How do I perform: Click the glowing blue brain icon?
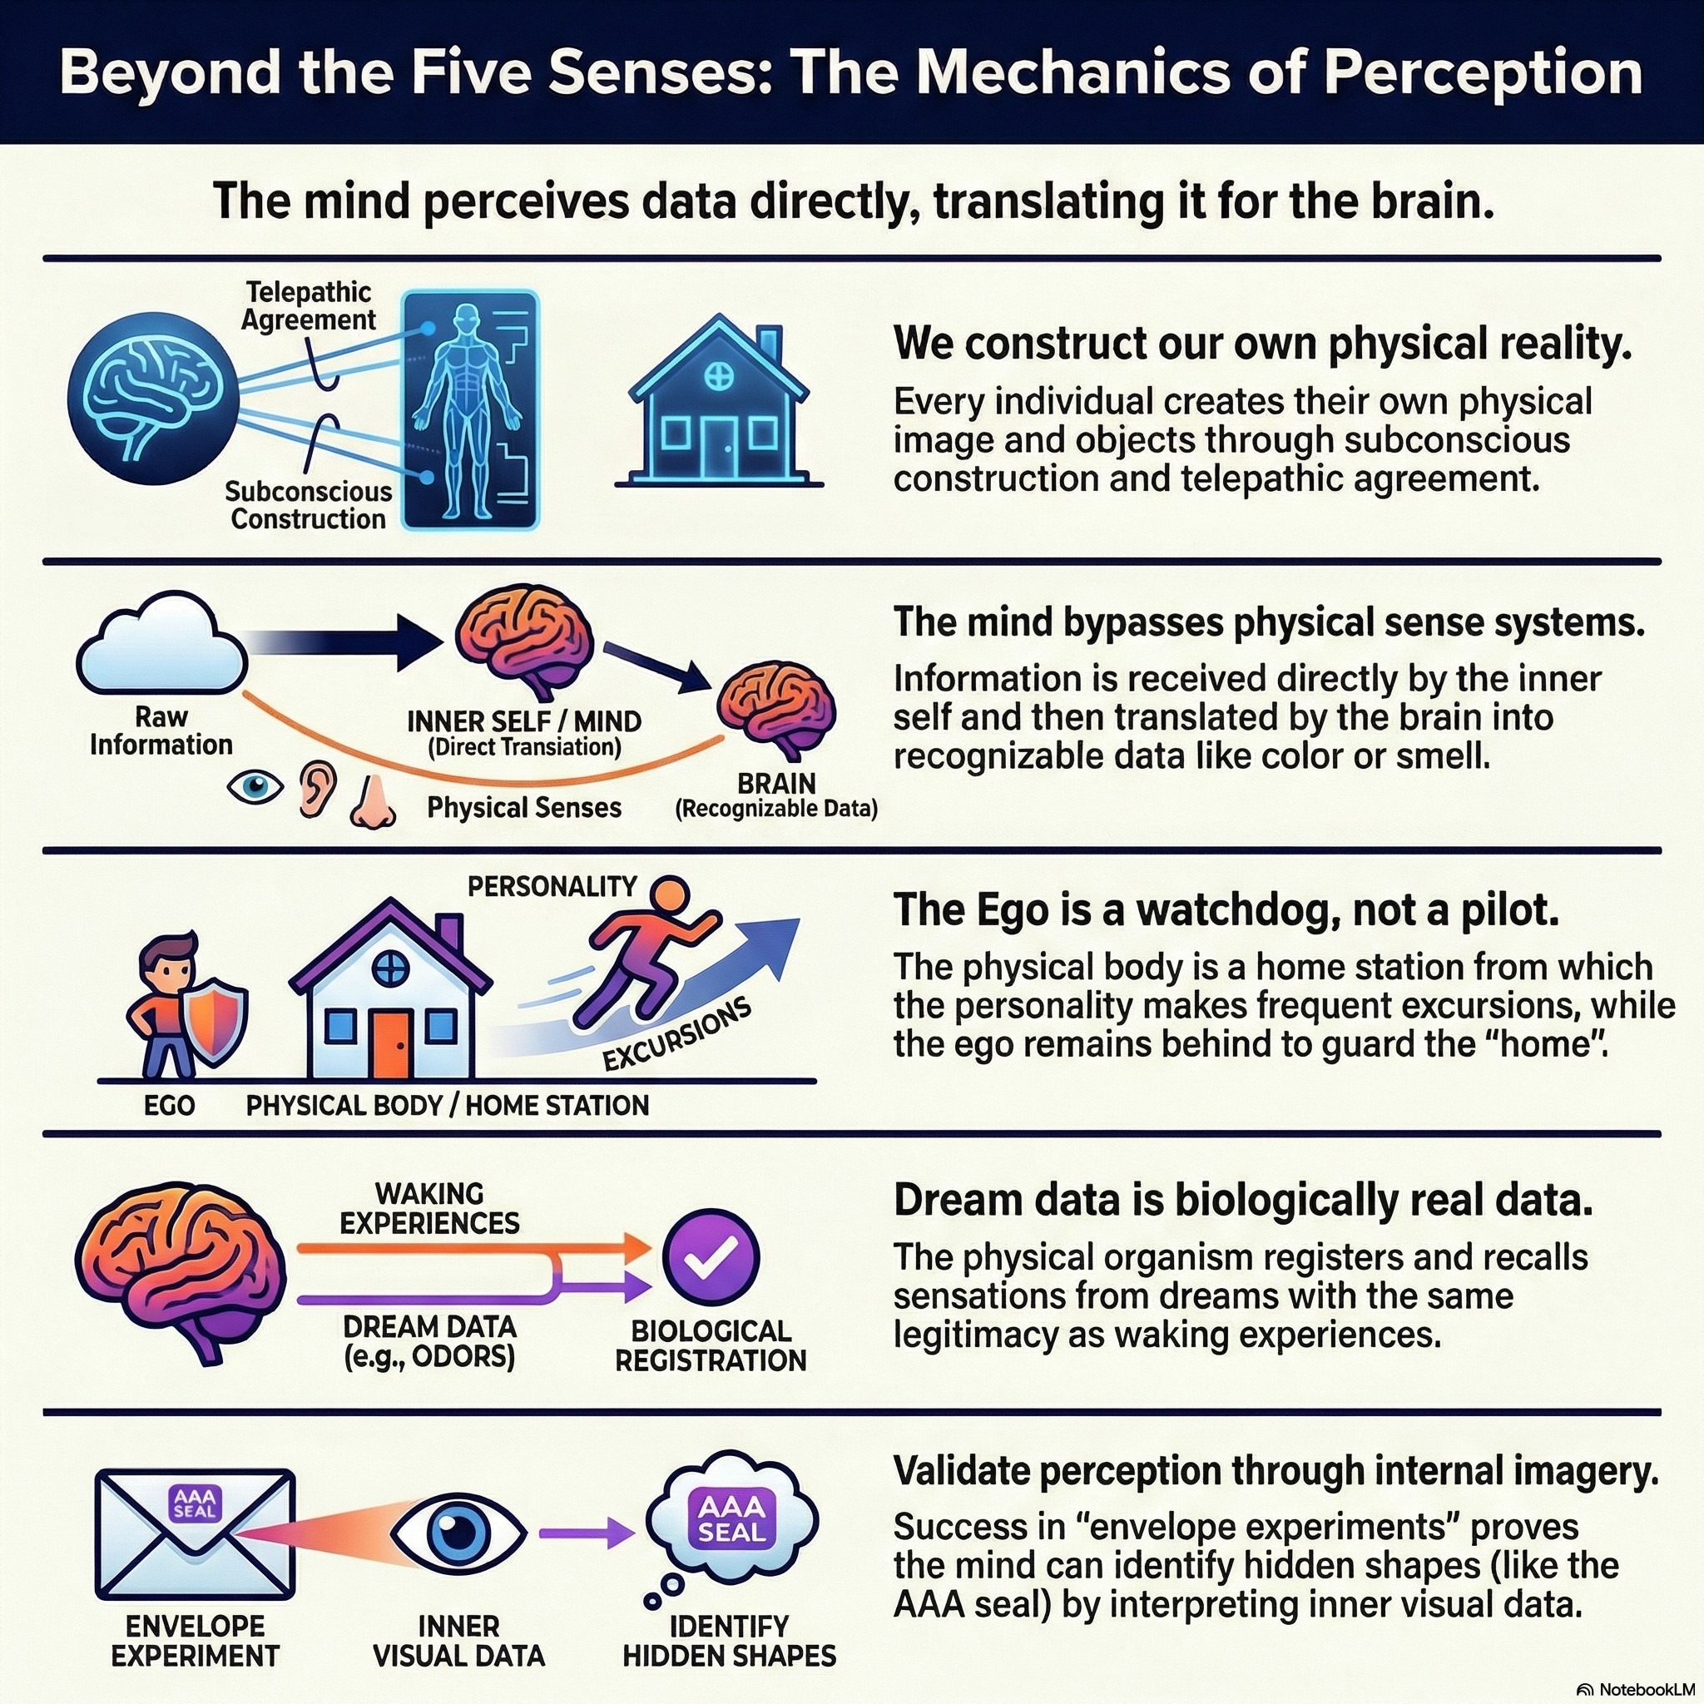click(x=151, y=399)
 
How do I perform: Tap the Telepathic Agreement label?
click(x=309, y=305)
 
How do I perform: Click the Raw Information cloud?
click(x=161, y=646)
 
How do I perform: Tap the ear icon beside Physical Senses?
click(x=318, y=788)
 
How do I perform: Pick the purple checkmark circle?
click(x=710, y=1258)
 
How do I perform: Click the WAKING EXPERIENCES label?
click(x=429, y=1208)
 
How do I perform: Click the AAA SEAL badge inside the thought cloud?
click(x=731, y=1518)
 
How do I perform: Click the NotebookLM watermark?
click(x=1639, y=1689)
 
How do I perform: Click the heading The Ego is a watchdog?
click(x=1226, y=910)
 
